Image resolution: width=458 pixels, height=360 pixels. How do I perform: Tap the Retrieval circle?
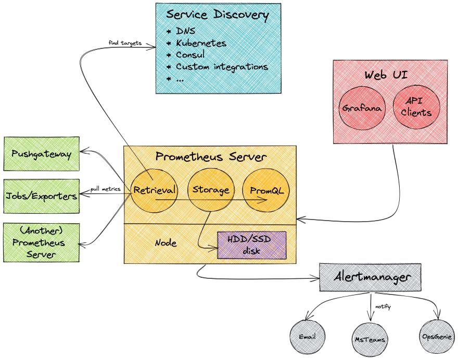pos(155,190)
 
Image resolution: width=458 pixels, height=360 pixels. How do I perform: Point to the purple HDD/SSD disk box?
pos(251,245)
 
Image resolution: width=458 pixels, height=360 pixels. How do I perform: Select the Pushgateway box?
pos(42,153)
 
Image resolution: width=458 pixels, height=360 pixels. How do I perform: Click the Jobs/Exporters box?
pos(42,196)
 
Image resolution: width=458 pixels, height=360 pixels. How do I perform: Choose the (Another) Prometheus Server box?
pos(42,242)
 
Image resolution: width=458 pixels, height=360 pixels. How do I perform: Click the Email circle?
pos(308,337)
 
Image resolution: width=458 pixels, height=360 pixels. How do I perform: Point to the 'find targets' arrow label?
pos(125,42)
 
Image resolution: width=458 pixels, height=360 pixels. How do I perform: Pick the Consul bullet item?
pos(189,55)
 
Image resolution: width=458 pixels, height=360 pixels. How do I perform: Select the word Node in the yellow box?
pos(166,243)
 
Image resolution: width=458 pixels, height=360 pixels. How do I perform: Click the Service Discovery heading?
pos(217,15)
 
